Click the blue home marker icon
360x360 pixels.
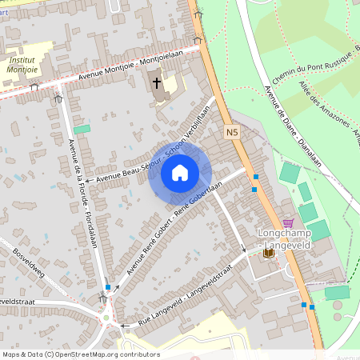[x=180, y=173]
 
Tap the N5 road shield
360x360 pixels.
[x=232, y=132]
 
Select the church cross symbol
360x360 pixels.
[x=157, y=82]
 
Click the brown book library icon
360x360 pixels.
[x=268, y=253]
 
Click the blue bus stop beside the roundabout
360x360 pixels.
[x=108, y=286]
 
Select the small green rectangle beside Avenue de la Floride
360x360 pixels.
[x=82, y=129]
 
